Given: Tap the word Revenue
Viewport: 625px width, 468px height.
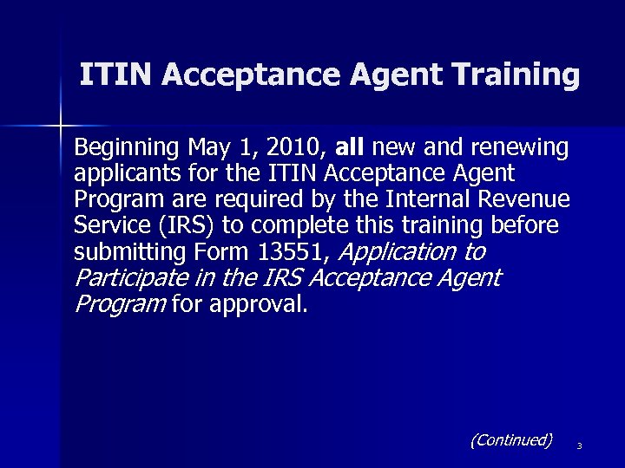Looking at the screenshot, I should pos(530,199).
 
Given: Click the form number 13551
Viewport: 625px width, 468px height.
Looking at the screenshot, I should pos(296,252).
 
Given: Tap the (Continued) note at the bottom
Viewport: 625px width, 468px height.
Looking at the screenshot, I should pos(510,440).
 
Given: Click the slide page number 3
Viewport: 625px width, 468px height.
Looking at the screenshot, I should pos(578,446).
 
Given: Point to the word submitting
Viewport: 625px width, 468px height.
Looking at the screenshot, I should pos(123,252).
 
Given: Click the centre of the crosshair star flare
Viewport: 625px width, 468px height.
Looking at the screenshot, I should pos(61,126).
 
